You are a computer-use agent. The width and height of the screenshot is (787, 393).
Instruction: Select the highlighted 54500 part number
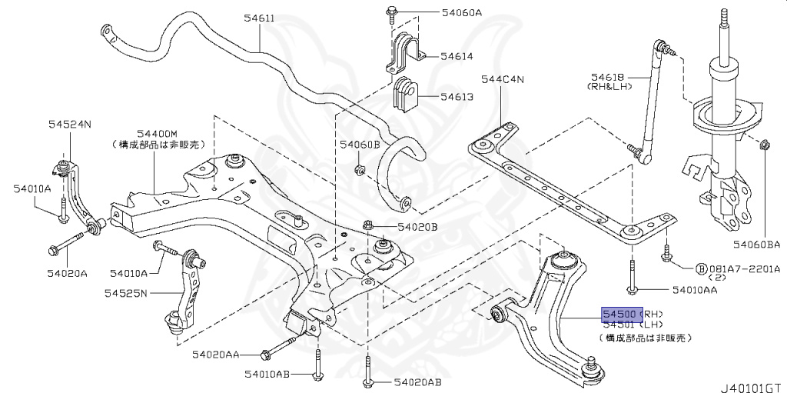(x=619, y=315)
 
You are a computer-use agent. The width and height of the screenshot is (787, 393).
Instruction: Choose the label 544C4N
(x=502, y=79)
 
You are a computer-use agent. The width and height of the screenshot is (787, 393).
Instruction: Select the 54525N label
(x=128, y=292)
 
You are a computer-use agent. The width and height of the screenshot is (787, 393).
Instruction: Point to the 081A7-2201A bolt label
(x=742, y=269)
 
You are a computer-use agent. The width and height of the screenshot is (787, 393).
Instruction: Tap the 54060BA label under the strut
(x=755, y=245)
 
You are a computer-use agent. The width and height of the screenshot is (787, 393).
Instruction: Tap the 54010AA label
(x=694, y=291)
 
